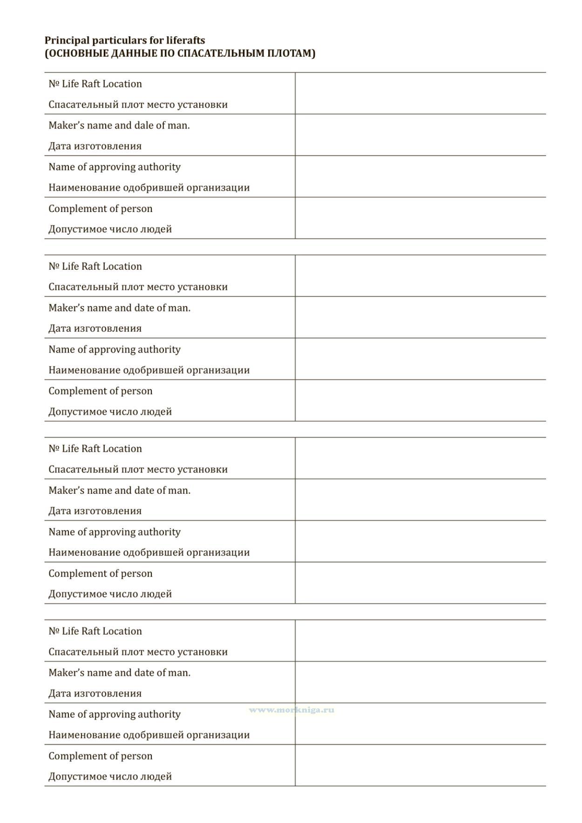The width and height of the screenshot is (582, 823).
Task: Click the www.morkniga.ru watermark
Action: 291,710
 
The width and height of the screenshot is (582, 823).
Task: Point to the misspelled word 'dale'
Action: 143,125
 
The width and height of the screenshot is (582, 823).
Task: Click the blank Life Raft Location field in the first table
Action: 420,94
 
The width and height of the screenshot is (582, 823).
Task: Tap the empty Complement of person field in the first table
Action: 420,218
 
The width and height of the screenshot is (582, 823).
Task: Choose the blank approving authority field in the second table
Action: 420,359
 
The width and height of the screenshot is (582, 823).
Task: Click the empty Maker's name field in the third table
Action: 420,500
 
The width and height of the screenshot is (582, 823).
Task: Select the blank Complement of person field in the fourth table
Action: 420,765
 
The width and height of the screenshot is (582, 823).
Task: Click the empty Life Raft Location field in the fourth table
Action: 420,640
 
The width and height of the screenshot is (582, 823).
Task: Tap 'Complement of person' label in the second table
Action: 101,391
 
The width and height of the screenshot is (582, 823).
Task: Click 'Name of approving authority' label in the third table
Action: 115,532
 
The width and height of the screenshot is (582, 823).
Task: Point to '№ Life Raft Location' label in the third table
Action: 95,449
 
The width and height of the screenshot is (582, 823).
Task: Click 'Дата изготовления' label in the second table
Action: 95,328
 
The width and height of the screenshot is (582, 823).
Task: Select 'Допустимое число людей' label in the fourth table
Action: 110,776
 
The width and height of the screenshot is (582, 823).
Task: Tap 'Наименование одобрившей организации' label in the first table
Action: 149,188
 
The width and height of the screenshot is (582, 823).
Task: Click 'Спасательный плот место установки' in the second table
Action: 138,287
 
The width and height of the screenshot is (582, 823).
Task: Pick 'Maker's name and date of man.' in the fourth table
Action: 119,673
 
